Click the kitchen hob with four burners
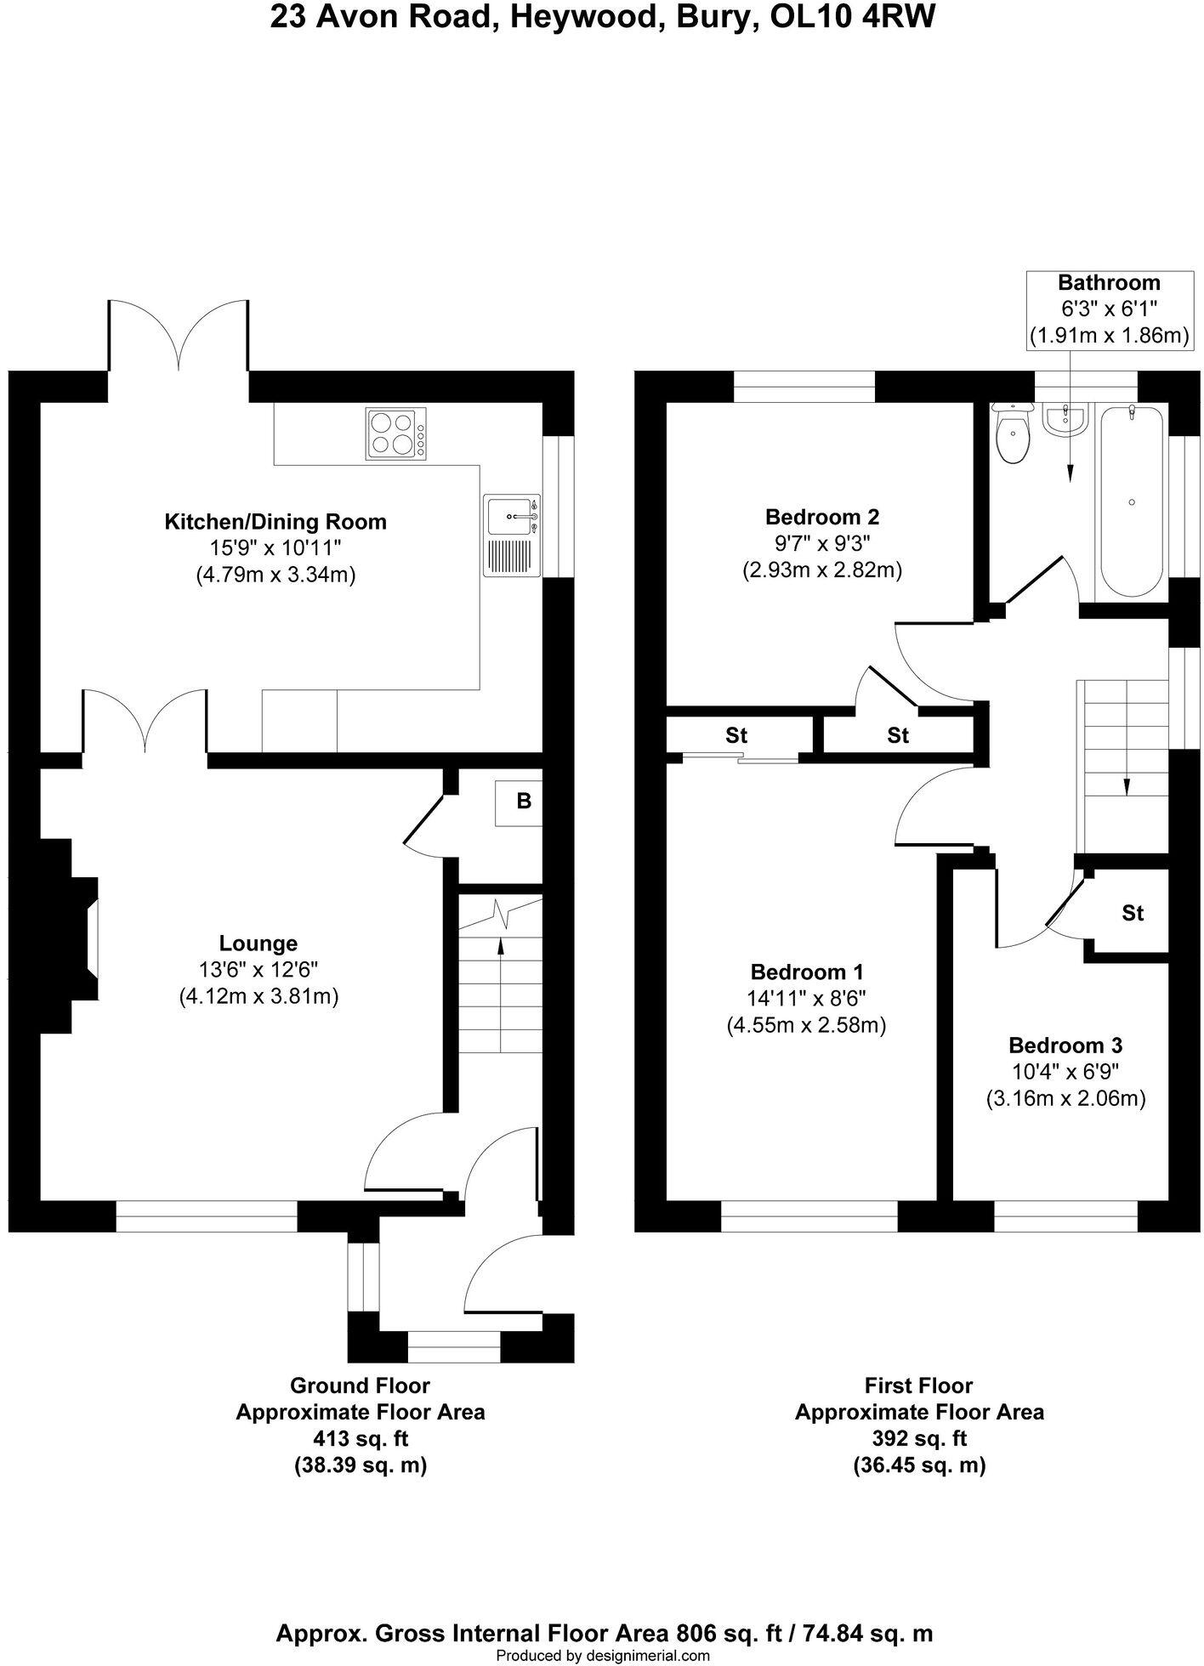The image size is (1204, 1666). (x=396, y=433)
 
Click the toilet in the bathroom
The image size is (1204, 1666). (x=1013, y=436)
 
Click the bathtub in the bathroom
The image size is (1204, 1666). (x=1132, y=501)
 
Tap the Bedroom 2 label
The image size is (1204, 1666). (x=821, y=517)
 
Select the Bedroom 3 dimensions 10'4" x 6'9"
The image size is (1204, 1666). (x=1065, y=1072)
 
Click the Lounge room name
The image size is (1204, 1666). (x=258, y=943)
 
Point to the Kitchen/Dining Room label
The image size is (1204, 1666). (x=275, y=522)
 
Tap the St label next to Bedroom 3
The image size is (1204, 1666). (x=1133, y=913)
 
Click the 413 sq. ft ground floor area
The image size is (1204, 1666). (x=361, y=1439)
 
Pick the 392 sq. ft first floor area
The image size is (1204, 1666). (x=919, y=1439)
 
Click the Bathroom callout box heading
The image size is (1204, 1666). (x=1108, y=283)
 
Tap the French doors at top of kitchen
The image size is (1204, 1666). (x=179, y=340)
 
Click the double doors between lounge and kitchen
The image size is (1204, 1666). (x=145, y=722)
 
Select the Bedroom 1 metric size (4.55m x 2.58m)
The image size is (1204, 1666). (x=806, y=1025)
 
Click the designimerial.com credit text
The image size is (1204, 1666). (x=602, y=1655)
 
